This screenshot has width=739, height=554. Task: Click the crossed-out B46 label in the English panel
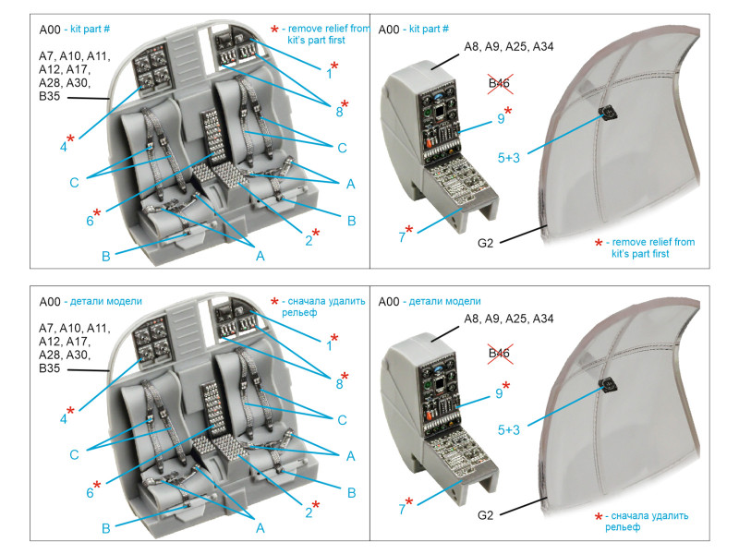[x=500, y=85]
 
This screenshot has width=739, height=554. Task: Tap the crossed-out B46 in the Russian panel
[x=500, y=354]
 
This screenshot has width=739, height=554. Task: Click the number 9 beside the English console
[x=500, y=118]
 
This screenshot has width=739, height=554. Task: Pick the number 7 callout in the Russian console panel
[x=402, y=503]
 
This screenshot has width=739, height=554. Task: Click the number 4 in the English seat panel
[x=64, y=145]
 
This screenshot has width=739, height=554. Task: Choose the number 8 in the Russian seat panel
[x=339, y=382]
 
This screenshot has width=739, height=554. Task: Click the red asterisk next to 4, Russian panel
[x=71, y=409]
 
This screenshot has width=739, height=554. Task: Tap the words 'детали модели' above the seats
[x=98, y=301]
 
